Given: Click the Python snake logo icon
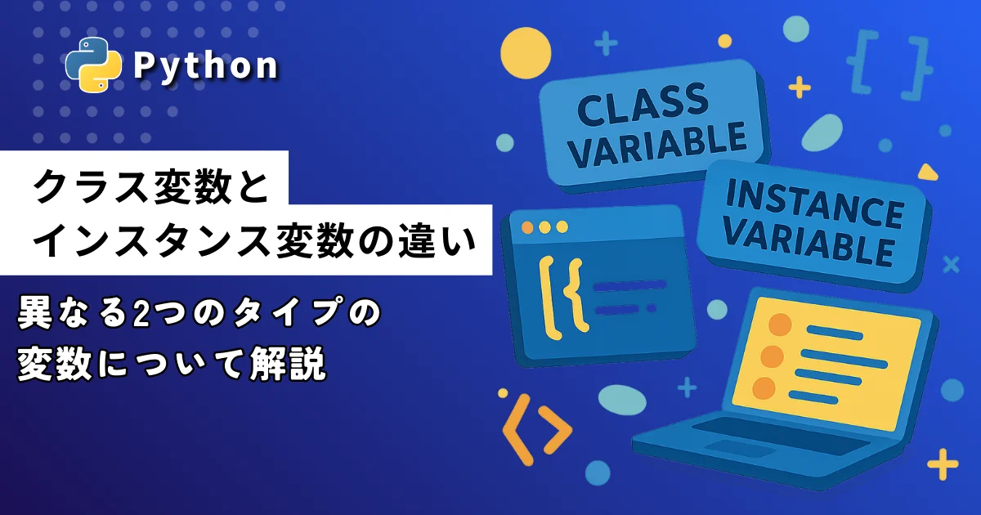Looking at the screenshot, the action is [93, 65].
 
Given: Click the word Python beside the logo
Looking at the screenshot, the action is [205, 65].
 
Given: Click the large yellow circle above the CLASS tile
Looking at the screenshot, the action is [526, 53].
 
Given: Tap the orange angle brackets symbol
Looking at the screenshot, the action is [537, 429].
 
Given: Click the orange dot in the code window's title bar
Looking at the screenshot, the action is [528, 228].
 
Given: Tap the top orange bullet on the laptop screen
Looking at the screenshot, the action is [780, 325].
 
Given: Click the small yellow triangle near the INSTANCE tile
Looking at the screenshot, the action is [928, 172].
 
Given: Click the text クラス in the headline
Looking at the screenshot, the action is [89, 186].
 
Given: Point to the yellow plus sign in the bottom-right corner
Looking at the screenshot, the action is [943, 464].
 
